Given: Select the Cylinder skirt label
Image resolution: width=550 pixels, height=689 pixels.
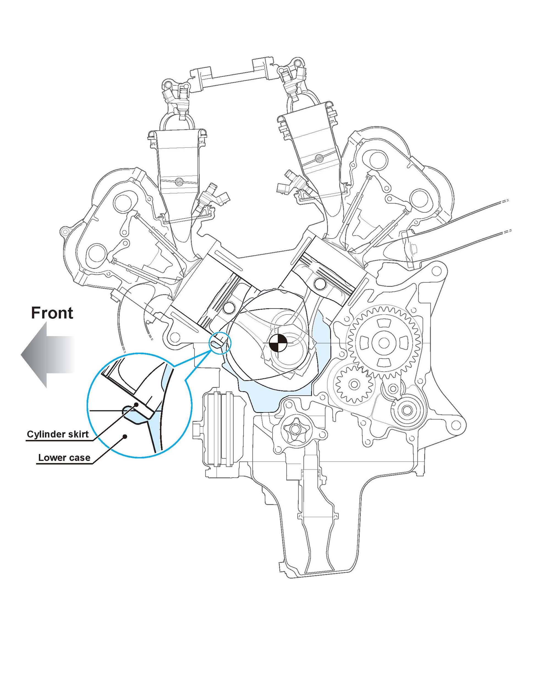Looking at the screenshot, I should (x=57, y=434).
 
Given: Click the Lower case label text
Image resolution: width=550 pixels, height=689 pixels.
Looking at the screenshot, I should (x=64, y=458).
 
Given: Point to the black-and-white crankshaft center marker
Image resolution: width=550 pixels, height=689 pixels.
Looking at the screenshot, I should (x=278, y=343).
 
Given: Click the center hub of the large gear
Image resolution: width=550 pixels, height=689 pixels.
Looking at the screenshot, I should (x=383, y=343).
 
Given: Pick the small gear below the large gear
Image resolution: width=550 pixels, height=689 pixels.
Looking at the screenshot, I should (x=354, y=384).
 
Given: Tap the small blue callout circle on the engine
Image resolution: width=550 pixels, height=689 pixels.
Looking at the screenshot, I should (x=220, y=343).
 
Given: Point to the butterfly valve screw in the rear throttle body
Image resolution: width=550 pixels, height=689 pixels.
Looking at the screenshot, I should (x=319, y=158).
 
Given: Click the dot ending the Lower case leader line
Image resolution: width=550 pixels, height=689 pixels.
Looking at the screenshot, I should (x=126, y=436).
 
